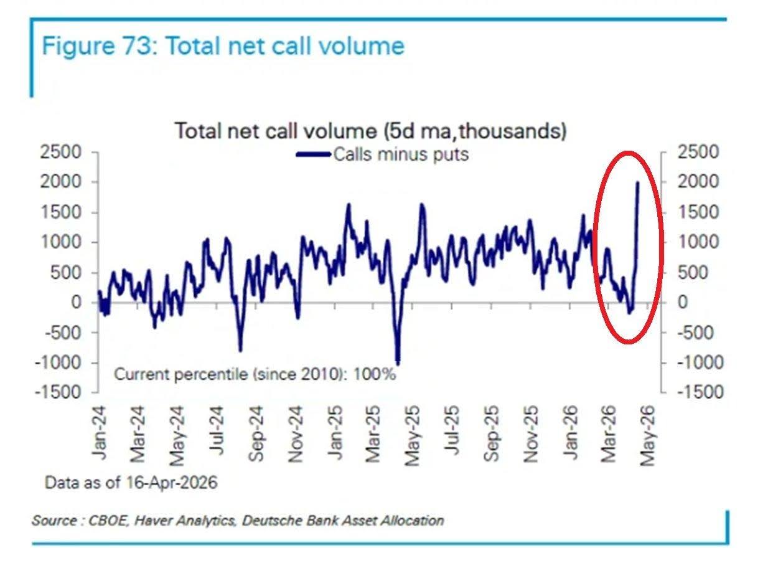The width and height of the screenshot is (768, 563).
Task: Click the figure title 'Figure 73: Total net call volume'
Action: [223, 46]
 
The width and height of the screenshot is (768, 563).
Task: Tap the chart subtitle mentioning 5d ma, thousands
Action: [371, 131]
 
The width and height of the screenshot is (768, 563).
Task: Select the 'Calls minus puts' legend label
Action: [401, 154]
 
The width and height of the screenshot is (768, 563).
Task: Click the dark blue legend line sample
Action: [314, 154]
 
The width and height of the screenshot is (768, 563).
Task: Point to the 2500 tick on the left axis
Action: [61, 152]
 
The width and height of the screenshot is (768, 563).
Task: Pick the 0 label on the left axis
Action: [76, 302]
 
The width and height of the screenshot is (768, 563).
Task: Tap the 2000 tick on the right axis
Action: [698, 182]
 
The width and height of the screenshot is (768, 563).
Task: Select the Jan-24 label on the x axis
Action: [100, 433]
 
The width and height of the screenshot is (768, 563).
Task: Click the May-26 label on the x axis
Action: [647, 436]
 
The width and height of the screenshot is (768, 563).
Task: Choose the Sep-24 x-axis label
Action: [256, 434]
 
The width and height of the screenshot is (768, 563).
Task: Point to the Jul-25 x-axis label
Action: [452, 430]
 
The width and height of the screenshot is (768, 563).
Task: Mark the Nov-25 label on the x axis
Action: [530, 435]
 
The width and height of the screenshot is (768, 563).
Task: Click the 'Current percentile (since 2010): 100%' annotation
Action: [255, 374]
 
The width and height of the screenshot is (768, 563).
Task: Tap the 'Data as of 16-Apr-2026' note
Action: [131, 483]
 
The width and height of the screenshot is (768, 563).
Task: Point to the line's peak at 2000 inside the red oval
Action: [638, 182]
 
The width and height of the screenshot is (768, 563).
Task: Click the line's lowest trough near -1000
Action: [398, 364]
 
